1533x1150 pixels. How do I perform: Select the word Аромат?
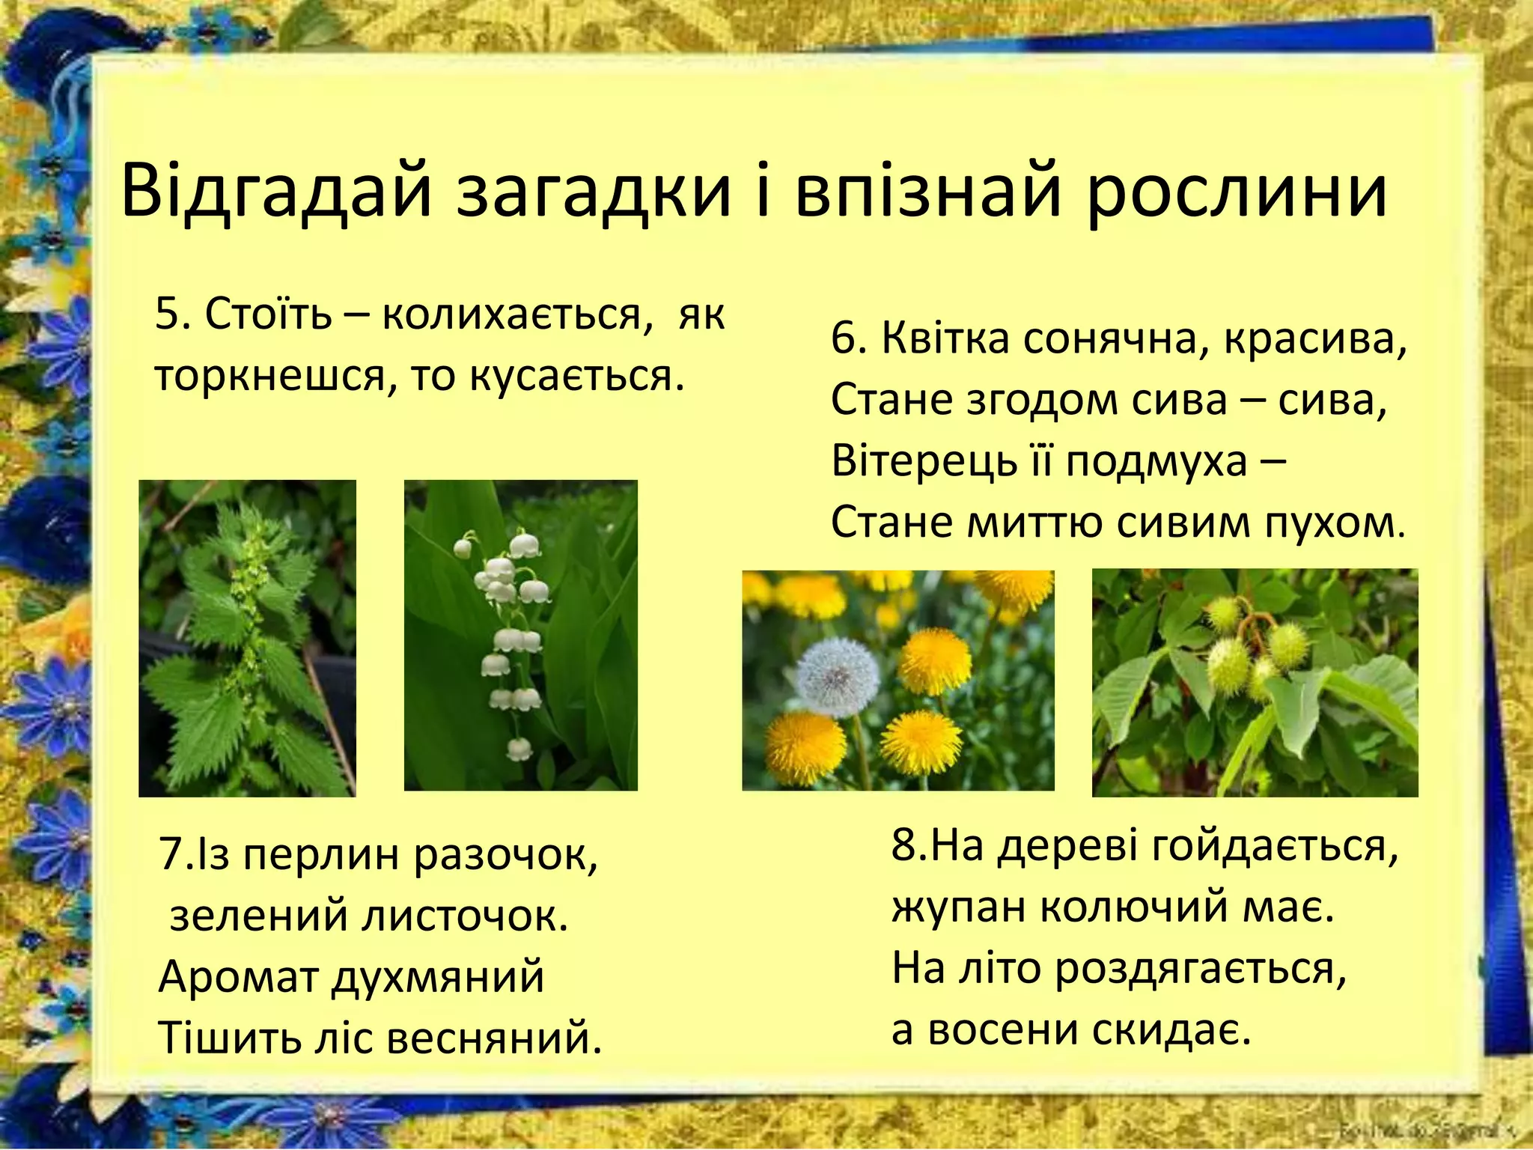coord(239,977)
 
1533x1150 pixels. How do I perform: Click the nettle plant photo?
coord(247,638)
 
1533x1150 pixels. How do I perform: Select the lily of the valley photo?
coord(520,635)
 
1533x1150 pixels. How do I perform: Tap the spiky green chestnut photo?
coord(1255,682)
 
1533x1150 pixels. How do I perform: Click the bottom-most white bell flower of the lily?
coord(519,749)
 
